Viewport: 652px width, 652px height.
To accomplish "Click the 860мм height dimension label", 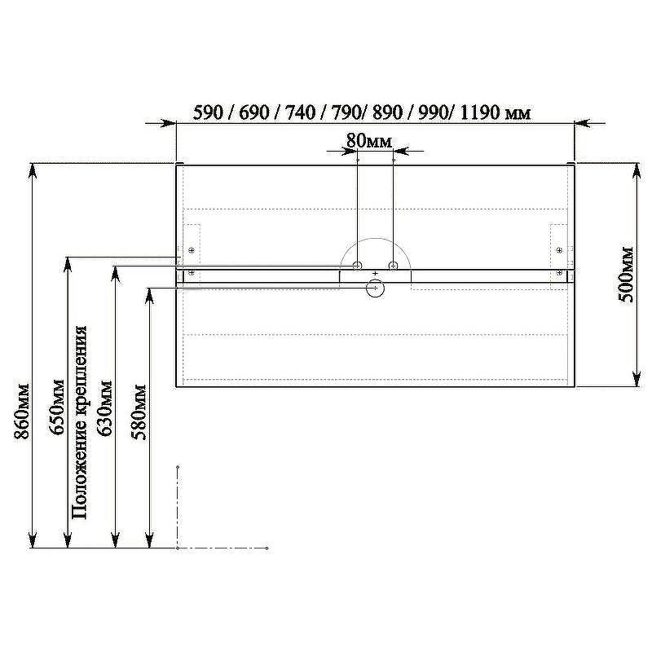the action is (22, 412).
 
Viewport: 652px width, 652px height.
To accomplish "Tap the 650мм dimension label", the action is (57, 407).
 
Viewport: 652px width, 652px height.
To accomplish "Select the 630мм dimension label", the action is (104, 408).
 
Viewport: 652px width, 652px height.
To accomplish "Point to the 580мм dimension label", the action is (139, 412).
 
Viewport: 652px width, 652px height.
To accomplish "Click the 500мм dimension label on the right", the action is (625, 275).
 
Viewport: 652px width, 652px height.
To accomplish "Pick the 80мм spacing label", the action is (369, 141).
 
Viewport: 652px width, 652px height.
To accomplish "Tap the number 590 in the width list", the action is (209, 112).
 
